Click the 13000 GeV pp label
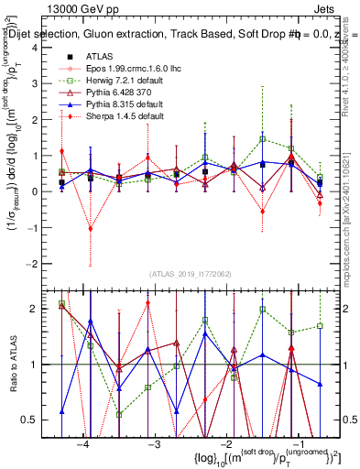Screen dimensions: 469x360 coord(71,6)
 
